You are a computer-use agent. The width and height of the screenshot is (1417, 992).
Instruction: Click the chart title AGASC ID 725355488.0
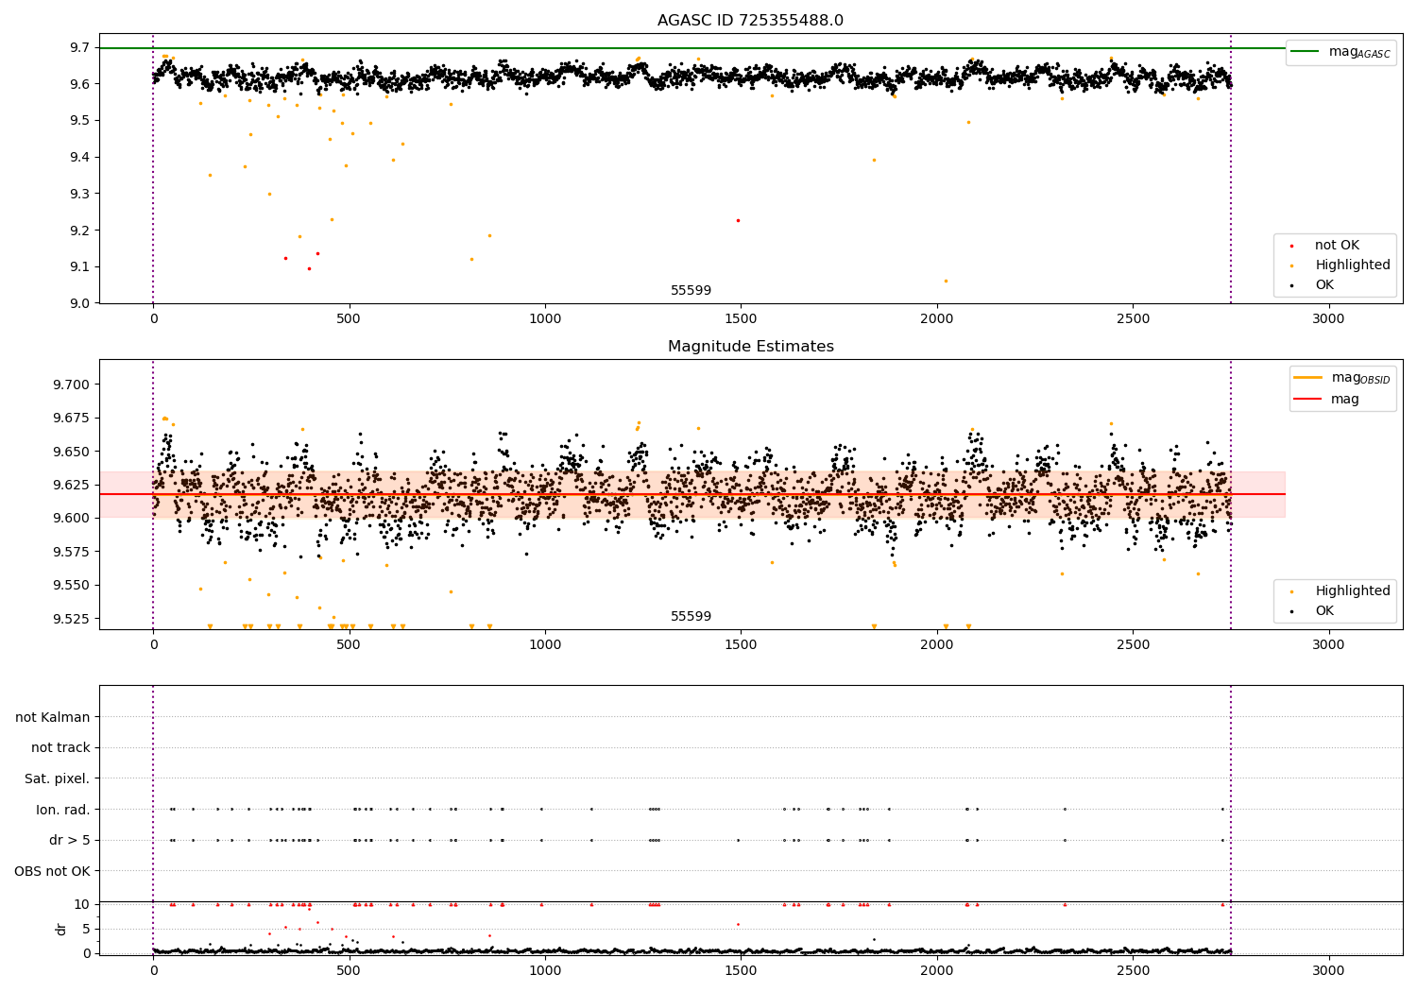tap(750, 21)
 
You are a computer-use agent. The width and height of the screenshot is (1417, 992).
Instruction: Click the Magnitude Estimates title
tap(750, 347)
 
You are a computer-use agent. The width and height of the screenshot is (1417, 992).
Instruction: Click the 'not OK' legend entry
tap(1337, 246)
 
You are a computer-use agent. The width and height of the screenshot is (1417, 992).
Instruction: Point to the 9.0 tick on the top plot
tap(79, 303)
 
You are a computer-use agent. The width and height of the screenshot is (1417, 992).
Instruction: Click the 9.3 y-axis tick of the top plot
tap(79, 194)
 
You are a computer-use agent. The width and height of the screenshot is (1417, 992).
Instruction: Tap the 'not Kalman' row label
tap(53, 717)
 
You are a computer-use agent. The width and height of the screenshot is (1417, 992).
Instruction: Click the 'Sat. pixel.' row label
tap(57, 778)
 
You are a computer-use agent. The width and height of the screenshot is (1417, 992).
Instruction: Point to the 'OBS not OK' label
tap(52, 871)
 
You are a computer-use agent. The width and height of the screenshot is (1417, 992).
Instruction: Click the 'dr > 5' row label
tap(70, 840)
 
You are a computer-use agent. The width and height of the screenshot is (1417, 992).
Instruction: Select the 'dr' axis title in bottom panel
tap(61, 929)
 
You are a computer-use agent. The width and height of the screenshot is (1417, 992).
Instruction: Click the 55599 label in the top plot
tap(691, 291)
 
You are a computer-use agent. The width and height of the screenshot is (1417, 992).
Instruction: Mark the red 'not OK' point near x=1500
tap(738, 220)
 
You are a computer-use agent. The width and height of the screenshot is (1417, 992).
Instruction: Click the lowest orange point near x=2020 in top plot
tap(946, 281)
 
